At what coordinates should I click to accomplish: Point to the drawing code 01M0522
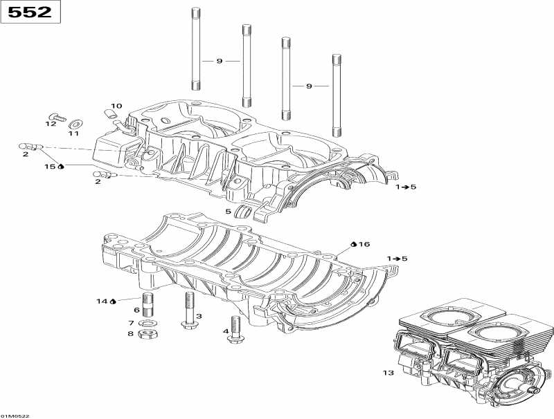pos(15,416)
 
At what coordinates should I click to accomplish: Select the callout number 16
pos(365,244)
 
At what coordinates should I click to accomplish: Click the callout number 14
pos(102,301)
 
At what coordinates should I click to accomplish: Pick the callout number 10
pos(116,106)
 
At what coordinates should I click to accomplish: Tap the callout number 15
pos(50,167)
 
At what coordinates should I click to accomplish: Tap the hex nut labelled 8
pos(146,335)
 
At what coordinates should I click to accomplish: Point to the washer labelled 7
pos(146,323)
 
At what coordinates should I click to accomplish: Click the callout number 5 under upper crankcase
pos(227,211)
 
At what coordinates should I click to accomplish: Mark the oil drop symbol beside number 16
pos(353,244)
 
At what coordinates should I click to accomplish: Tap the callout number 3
pos(199,316)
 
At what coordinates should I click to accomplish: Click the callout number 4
pos(226,331)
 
